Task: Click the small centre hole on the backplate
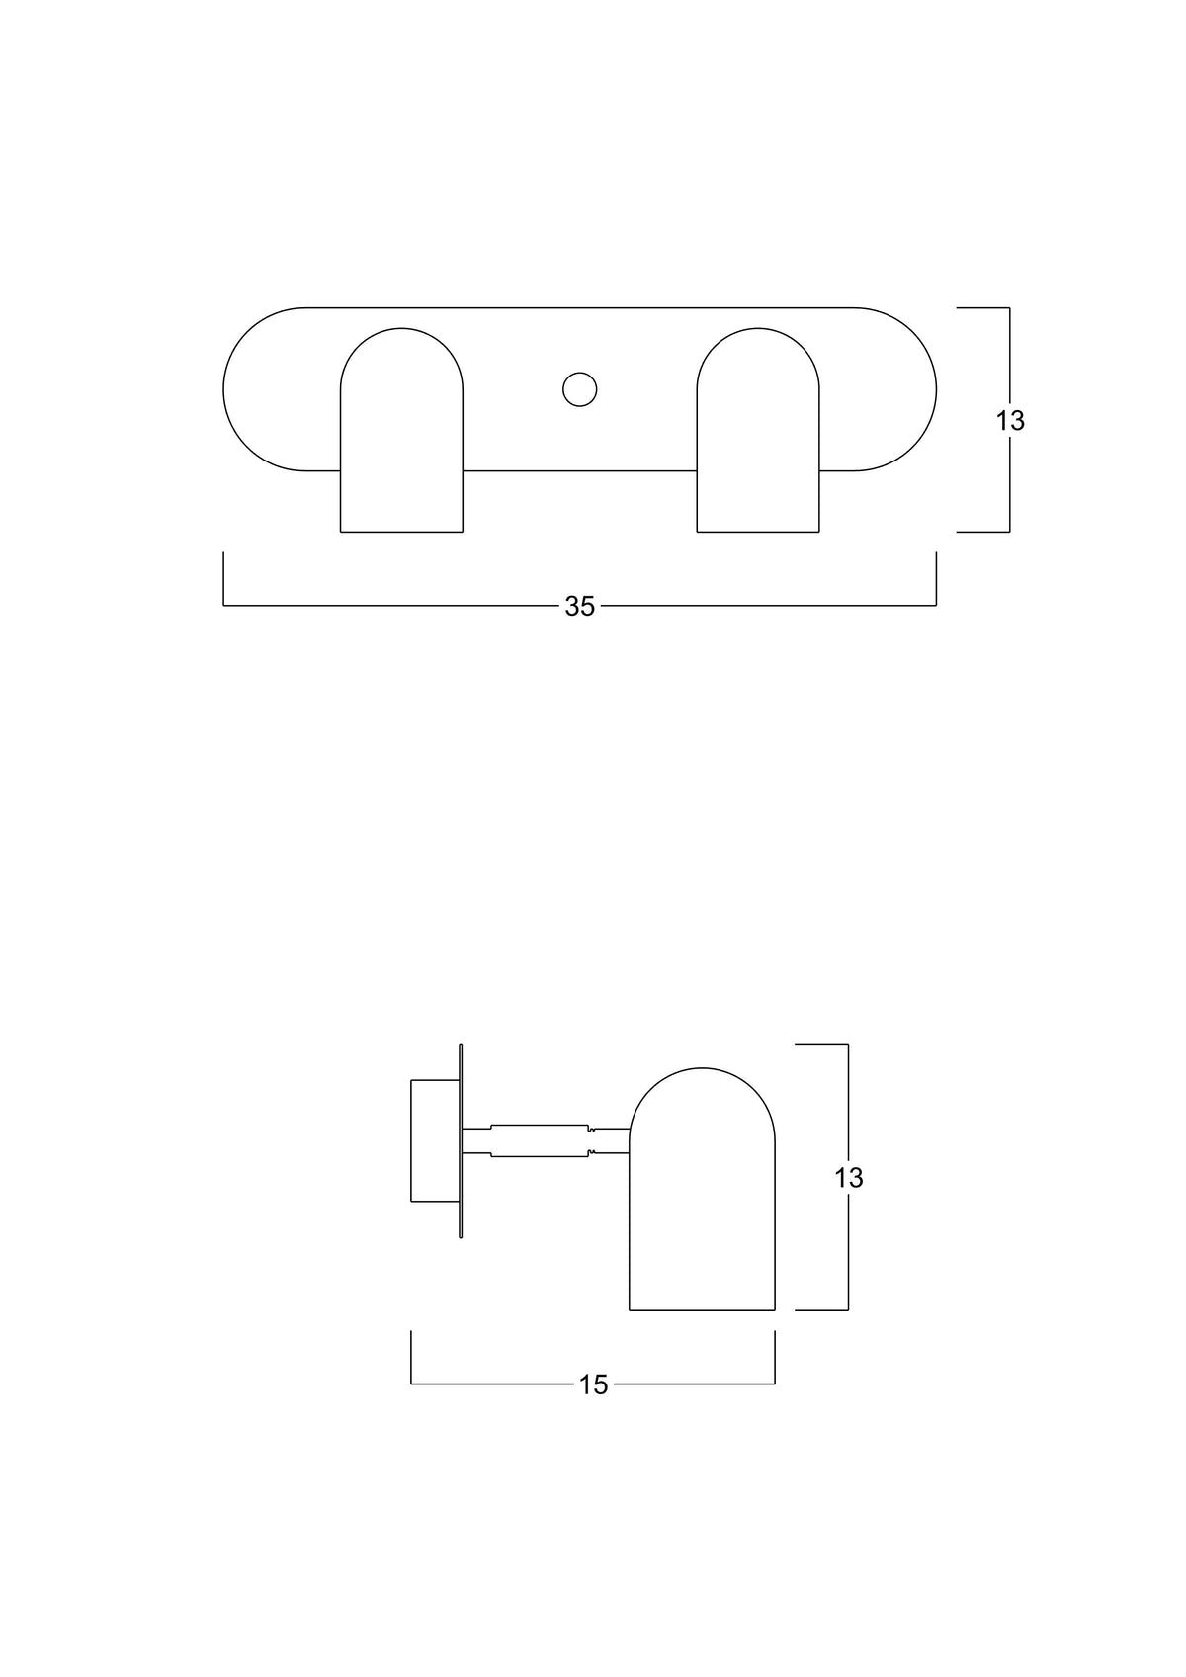(579, 389)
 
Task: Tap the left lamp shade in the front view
(401, 430)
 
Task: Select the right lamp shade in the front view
(758, 430)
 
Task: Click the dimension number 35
(579, 606)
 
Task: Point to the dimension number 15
(593, 1385)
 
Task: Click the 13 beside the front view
(1010, 421)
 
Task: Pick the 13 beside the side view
(848, 1178)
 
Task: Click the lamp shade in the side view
(702, 1189)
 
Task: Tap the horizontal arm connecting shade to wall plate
(546, 1140)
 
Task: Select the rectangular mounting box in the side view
(435, 1140)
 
